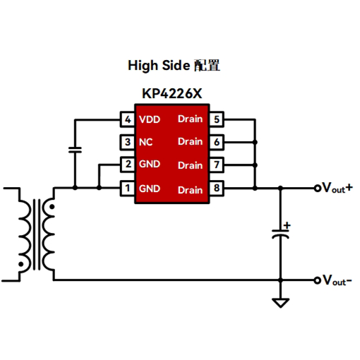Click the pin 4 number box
coord(128,119)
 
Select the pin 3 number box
coord(128,142)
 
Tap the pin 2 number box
coord(128,164)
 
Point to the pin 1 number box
coord(128,188)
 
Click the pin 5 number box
coord(217,119)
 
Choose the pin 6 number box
coord(217,142)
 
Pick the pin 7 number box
coord(217,164)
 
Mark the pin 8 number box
coord(217,188)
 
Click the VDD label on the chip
coord(150,119)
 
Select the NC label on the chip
coord(145,142)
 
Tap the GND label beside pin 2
coord(150,164)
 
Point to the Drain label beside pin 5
coord(191,119)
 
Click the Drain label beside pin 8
coord(191,190)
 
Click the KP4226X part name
coord(172,94)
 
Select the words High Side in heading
coord(159,66)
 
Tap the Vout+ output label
coord(337,188)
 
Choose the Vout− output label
coord(337,280)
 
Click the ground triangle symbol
coord(280,303)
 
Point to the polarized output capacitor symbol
coord(280,231)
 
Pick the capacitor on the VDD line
coord(75,150)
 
